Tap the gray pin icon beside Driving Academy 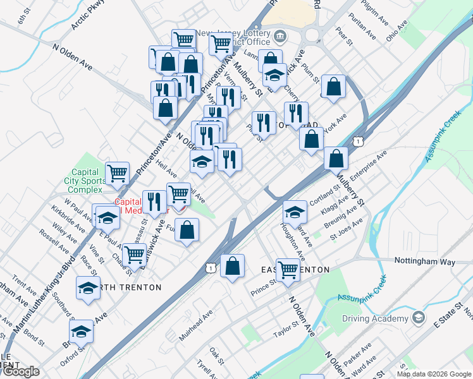pos(418,316)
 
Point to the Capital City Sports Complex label pos(85,181)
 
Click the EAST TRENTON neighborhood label pos(295,270)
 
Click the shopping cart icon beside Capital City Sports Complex pos(117,172)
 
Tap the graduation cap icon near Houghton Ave pos(294,211)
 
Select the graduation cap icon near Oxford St pos(81,331)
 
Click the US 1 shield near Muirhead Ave pos(209,268)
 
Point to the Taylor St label pos(285,328)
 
